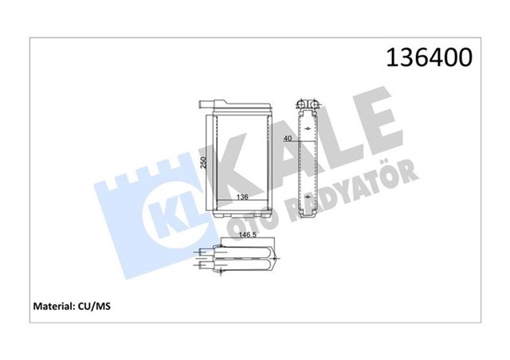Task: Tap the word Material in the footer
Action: (53, 304)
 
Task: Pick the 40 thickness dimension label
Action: (287, 139)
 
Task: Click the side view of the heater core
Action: (307, 159)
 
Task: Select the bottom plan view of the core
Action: (244, 259)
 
